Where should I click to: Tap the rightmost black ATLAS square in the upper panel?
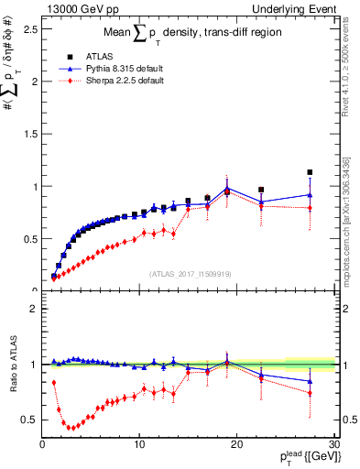pyautogui.click(x=310, y=172)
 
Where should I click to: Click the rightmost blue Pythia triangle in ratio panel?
pyautogui.click(x=310, y=381)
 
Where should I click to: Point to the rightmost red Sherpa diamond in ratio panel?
pyautogui.click(x=310, y=393)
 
